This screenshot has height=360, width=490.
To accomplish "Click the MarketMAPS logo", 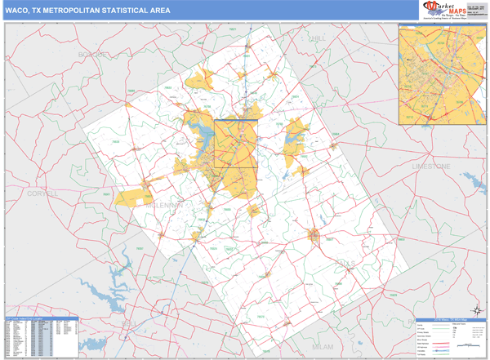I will (x=447, y=10).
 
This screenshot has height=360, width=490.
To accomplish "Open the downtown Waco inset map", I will (x=442, y=74).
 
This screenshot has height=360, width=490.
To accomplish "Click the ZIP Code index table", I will (x=42, y=336).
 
